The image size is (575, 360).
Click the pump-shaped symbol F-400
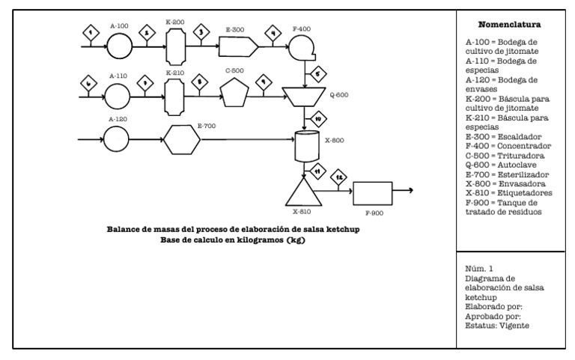(304, 47)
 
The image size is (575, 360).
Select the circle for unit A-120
(118, 138)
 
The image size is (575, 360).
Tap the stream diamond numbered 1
(91, 33)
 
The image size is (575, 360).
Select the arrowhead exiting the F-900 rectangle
(411, 190)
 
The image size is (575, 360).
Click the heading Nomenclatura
(514, 25)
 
